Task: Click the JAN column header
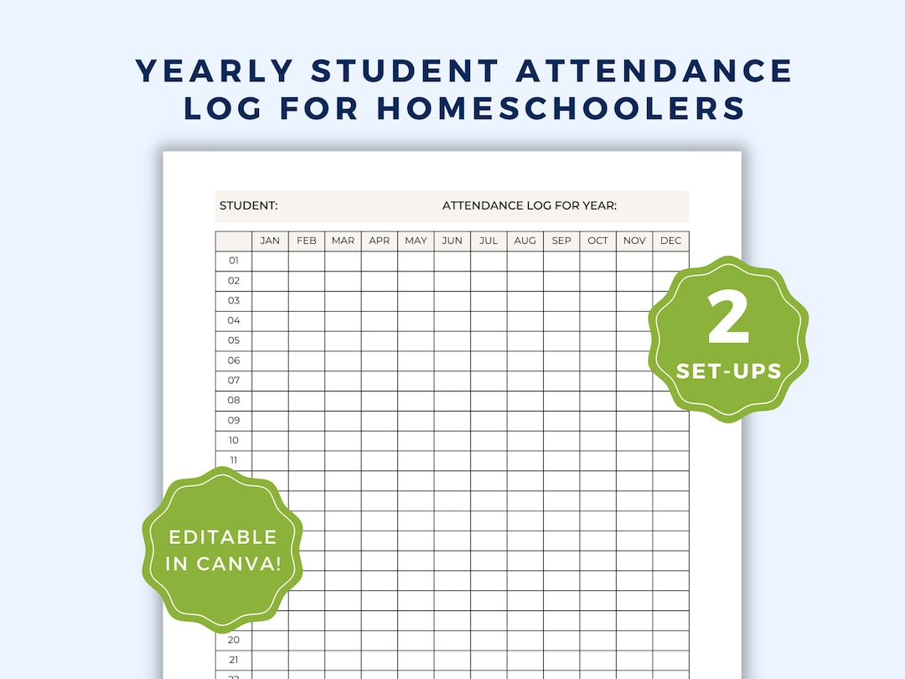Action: pos(270,241)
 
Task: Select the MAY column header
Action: pos(416,241)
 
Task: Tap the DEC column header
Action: pos(670,241)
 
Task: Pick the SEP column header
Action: pos(561,241)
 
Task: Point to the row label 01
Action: pos(234,261)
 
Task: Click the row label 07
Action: pos(234,381)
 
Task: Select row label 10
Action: pos(234,440)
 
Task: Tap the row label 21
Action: pos(234,660)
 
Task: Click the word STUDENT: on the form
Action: pos(249,206)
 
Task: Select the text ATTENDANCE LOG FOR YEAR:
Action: pos(530,206)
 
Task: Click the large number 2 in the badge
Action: pos(728,321)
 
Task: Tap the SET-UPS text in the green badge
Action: pos(728,371)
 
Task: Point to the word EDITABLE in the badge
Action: pos(222,536)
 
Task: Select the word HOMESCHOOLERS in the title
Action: pos(561,108)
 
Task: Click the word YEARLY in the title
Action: pos(216,71)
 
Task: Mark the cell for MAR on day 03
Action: pos(343,301)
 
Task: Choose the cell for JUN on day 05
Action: pos(452,340)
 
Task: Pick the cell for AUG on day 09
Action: pos(525,421)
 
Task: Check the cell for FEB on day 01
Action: pos(307,261)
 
